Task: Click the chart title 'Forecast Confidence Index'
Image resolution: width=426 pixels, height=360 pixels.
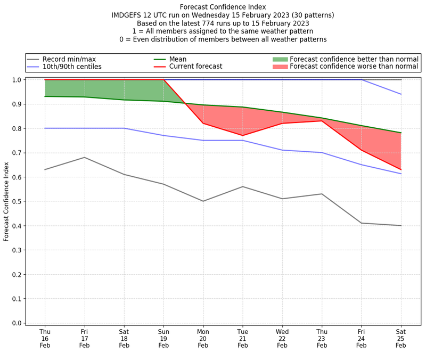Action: (223, 7)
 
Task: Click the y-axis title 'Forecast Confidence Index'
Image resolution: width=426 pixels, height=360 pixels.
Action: (6, 201)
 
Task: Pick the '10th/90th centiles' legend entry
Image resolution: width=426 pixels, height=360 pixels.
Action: (72, 67)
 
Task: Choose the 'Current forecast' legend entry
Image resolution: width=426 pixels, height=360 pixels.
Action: (195, 67)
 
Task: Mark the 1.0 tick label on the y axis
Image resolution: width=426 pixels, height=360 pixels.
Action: (16, 80)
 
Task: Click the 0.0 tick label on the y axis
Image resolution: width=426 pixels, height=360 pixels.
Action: (16, 323)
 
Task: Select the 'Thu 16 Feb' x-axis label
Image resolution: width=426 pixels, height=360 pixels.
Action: (45, 338)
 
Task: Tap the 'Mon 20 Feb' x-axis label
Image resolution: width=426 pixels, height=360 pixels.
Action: (203, 338)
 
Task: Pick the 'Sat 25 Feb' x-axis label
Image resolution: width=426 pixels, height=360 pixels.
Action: (401, 338)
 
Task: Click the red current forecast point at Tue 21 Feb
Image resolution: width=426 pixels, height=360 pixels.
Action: (243, 136)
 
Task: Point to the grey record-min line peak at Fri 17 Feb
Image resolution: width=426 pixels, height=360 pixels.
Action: (84, 157)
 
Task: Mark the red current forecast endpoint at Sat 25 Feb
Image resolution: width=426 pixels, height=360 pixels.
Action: (401, 170)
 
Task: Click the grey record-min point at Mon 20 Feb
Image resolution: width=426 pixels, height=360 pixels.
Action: (203, 201)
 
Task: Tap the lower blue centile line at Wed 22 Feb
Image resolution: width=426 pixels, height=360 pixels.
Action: (282, 150)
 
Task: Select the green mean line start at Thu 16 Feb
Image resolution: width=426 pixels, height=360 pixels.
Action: (45, 96)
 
